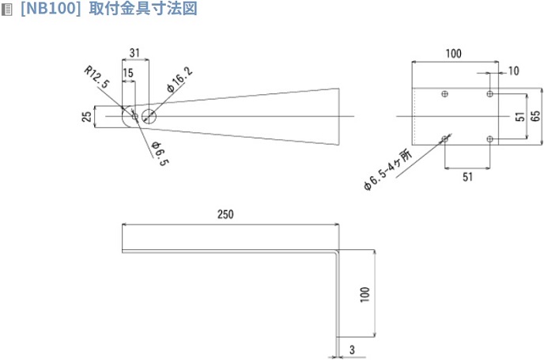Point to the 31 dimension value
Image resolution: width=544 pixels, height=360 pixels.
coord(134,52)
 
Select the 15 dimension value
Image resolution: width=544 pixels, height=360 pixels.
coord(128,72)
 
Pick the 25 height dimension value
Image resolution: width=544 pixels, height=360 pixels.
coord(85,116)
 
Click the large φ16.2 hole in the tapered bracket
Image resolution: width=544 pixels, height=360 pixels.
coord(150,116)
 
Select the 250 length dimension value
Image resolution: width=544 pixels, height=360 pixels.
coord(226,214)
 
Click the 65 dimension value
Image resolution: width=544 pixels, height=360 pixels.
coord(535,116)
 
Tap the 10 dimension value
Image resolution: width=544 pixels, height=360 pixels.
coord(515,71)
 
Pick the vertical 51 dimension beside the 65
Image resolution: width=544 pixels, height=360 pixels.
coord(518,116)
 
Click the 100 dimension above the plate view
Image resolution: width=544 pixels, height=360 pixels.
coord(453,54)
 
